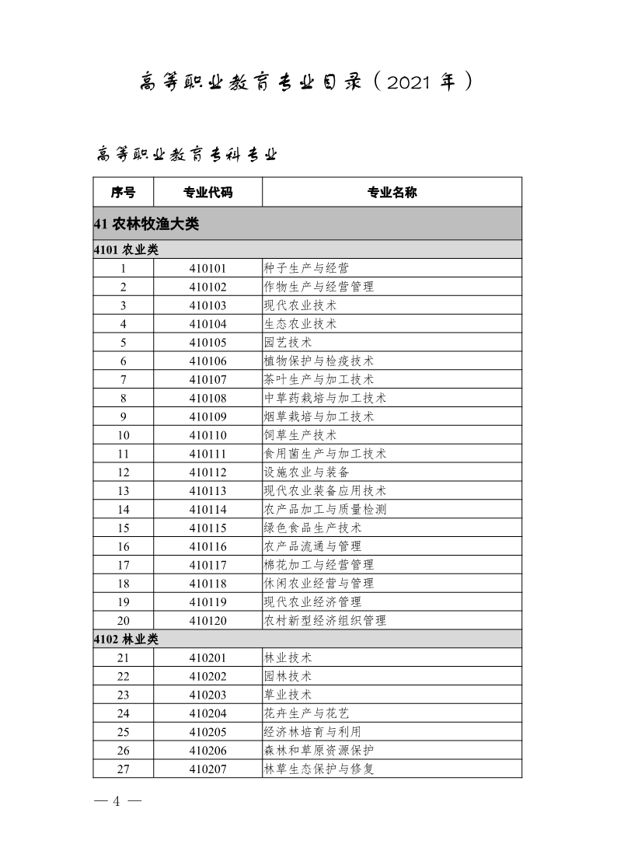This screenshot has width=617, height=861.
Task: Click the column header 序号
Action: (123, 192)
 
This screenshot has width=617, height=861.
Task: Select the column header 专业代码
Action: (207, 192)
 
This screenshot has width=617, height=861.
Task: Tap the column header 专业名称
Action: (392, 192)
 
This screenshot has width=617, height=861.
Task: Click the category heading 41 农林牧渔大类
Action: (146, 225)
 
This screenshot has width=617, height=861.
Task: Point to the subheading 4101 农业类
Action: (125, 250)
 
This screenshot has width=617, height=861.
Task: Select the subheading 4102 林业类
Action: (125, 639)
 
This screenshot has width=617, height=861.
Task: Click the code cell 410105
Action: (207, 343)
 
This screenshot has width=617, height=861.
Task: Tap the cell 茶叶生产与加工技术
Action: (319, 380)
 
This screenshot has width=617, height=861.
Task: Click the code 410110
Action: (207, 435)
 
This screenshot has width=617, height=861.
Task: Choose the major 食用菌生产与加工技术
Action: (326, 454)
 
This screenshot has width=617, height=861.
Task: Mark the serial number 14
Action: (123, 509)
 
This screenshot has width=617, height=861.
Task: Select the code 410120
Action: (207, 620)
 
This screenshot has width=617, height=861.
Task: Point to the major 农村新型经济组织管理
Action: (326, 620)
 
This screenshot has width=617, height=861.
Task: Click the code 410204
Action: (207, 713)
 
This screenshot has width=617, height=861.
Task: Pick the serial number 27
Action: (123, 769)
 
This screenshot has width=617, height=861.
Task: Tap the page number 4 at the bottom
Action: (117, 801)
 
